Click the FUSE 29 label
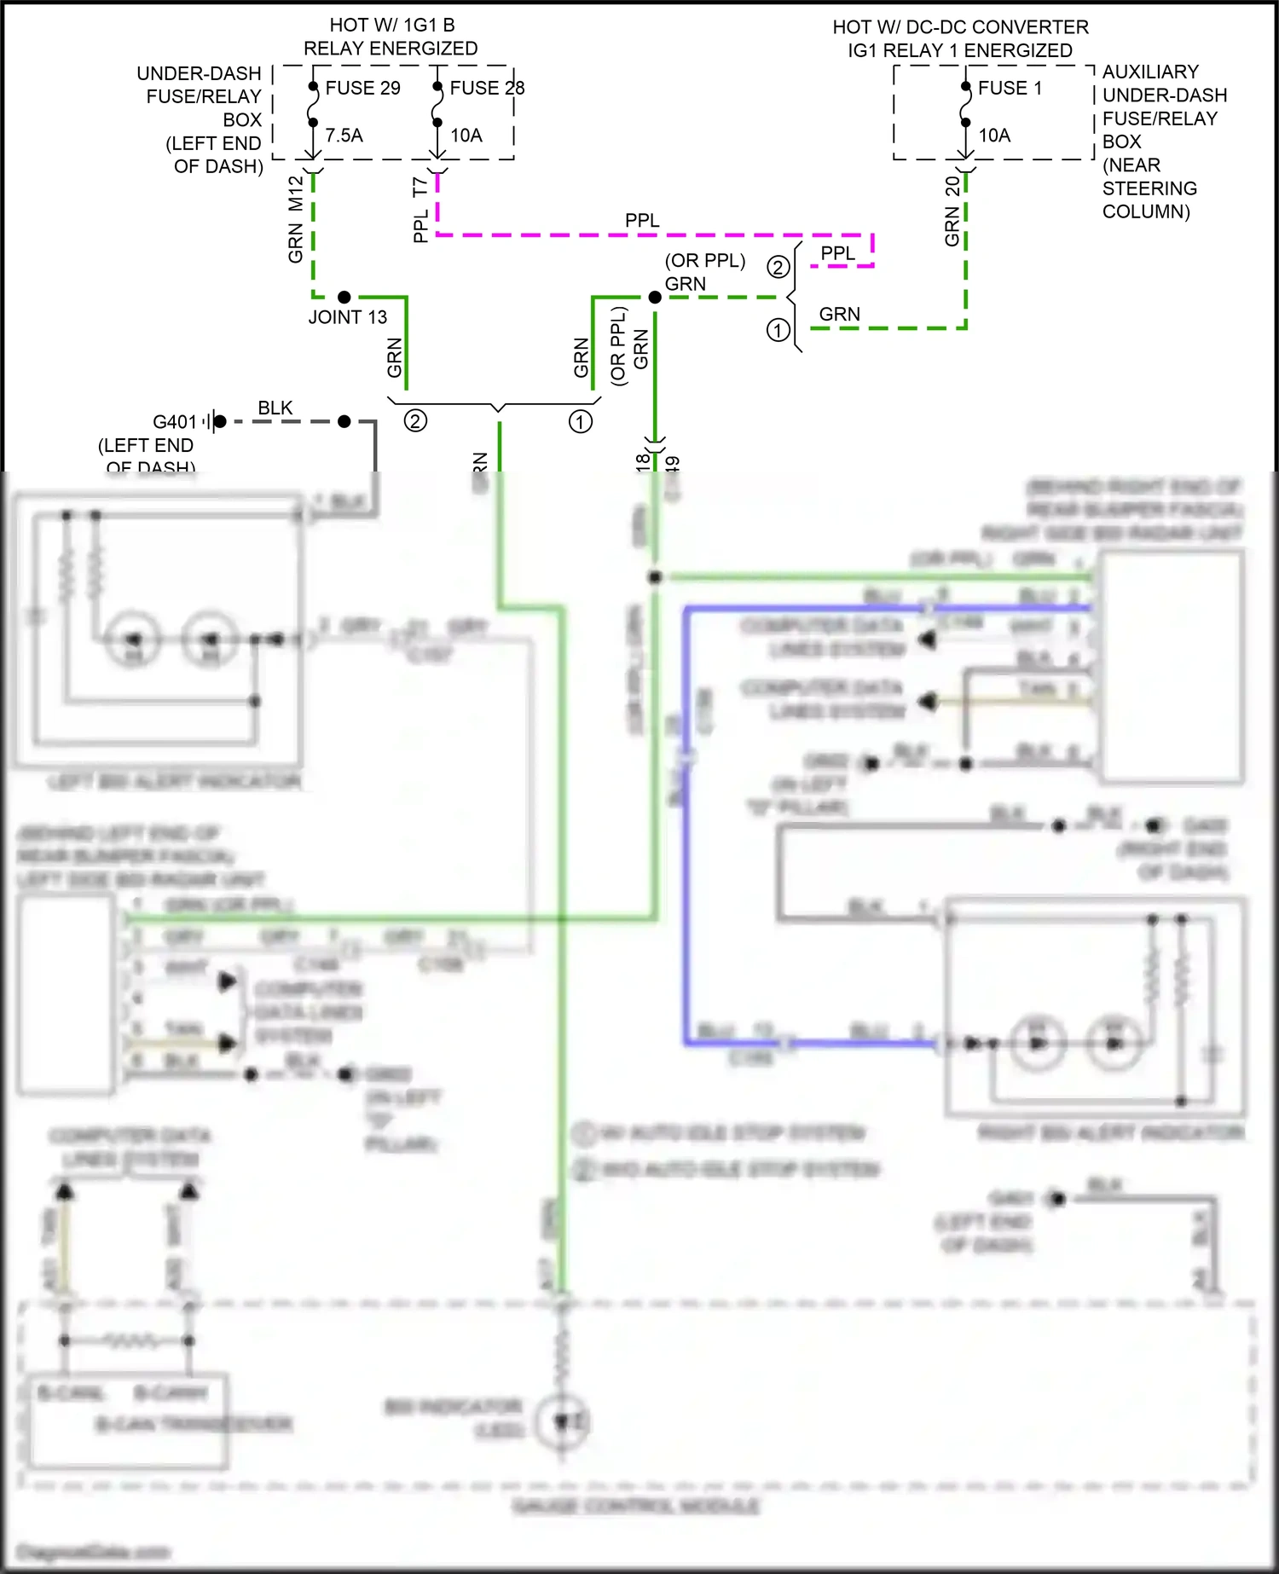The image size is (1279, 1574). (362, 88)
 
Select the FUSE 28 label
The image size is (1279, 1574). (487, 88)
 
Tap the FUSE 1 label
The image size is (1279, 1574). (1010, 88)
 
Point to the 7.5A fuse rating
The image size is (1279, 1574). (344, 135)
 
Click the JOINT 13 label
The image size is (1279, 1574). (347, 317)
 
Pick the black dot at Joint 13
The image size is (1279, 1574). (344, 297)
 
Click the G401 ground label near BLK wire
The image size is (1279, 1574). (175, 422)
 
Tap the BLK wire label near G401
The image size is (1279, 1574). (275, 408)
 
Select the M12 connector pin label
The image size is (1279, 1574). (296, 194)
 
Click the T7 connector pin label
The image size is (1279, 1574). (420, 187)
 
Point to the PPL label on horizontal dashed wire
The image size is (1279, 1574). (642, 221)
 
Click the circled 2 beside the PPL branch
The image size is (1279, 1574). (778, 268)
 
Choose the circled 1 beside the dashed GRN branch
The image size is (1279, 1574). (778, 330)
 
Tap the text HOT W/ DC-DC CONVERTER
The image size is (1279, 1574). (960, 27)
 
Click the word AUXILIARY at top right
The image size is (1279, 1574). (1150, 72)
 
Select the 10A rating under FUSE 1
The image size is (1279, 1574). (994, 135)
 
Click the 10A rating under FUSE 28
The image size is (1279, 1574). (466, 135)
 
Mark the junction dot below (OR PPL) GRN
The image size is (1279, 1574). (655, 297)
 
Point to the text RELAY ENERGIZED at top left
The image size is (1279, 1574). (391, 49)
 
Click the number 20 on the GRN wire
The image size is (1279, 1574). (952, 187)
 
